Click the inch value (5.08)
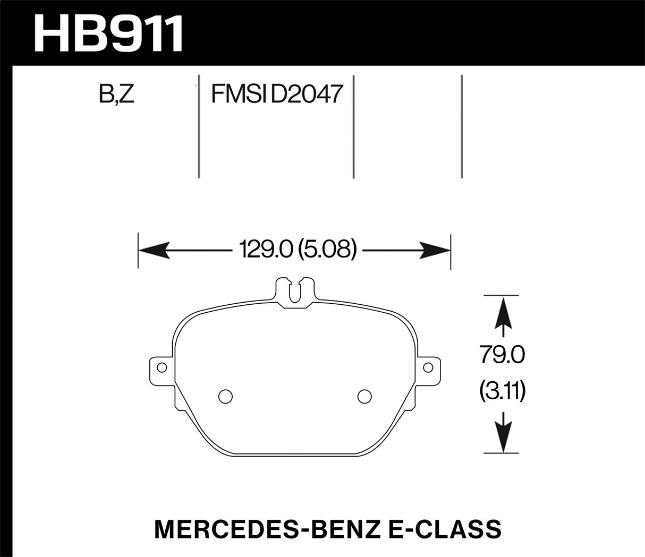[326, 249]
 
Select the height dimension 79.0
[502, 355]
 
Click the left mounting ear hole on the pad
[162, 367]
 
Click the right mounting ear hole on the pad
[427, 367]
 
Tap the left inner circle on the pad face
[225, 396]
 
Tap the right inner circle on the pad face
[364, 396]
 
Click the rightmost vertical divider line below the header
[462, 126]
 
